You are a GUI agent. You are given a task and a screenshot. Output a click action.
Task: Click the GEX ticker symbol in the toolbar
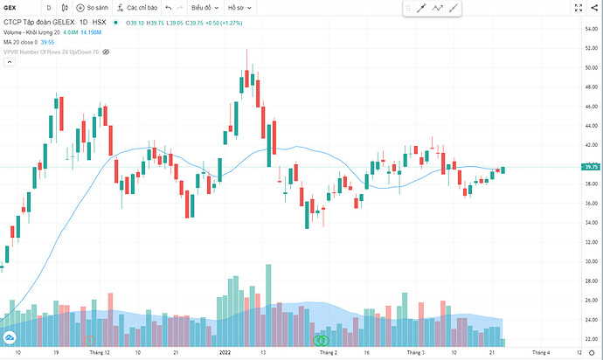12,8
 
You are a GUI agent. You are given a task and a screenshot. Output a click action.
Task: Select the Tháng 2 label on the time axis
328,352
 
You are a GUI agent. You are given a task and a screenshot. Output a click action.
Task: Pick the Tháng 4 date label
541,352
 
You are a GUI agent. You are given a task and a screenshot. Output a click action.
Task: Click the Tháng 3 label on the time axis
416,352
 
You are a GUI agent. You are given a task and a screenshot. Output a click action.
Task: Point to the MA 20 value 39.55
47,41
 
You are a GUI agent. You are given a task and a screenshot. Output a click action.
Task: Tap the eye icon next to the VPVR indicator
107,52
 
